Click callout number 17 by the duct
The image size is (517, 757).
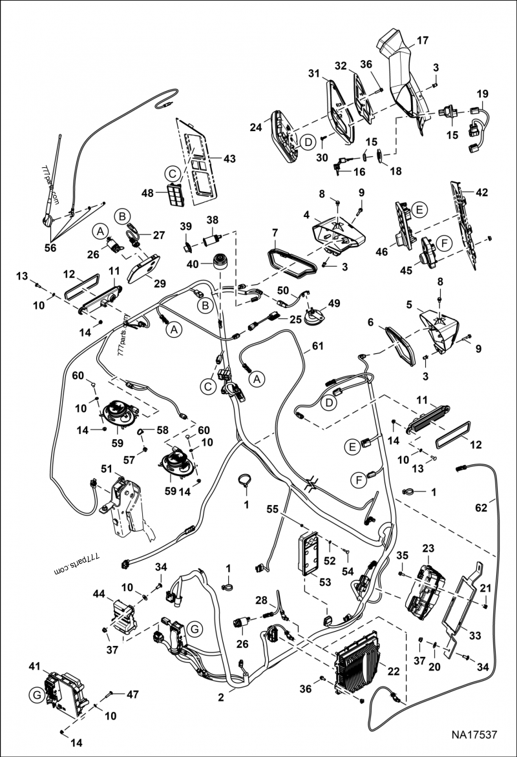[x=422, y=40]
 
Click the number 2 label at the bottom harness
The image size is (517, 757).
[x=222, y=697]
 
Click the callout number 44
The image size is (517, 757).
[x=99, y=593]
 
